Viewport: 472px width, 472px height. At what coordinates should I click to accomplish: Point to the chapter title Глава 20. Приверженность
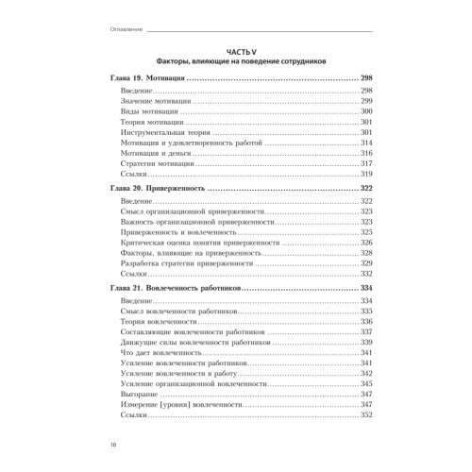click(x=154, y=190)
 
